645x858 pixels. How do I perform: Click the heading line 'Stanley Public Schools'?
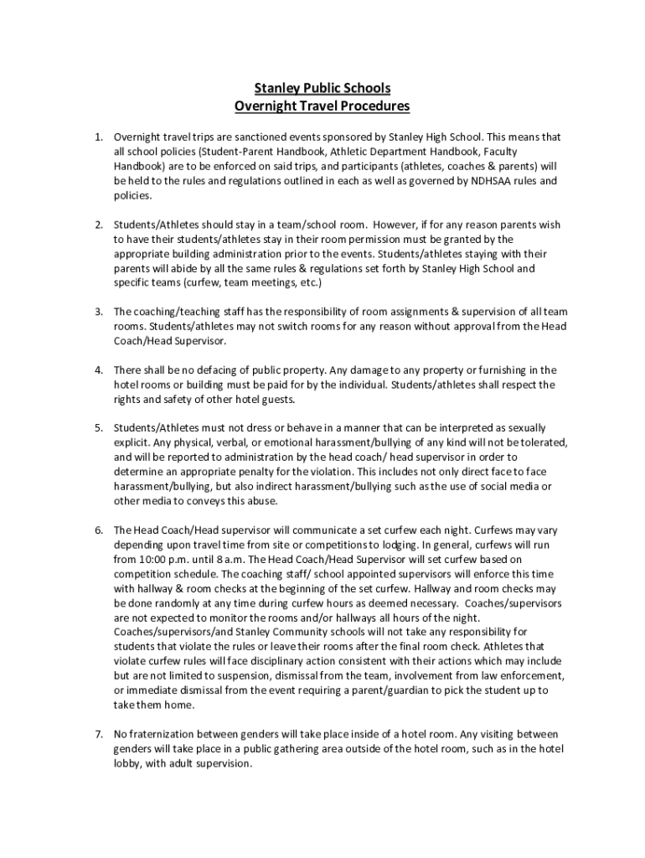click(x=322, y=88)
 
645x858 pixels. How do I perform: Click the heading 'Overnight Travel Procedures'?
click(x=322, y=106)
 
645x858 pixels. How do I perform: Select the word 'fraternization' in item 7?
click(x=164, y=733)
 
